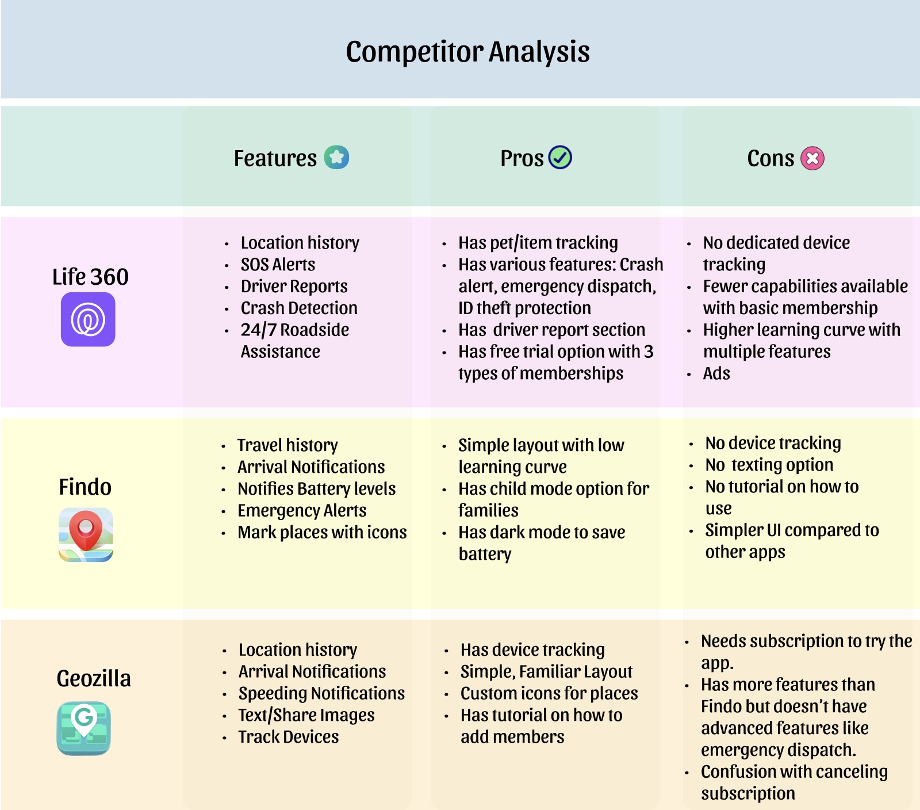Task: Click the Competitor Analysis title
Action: point(467,52)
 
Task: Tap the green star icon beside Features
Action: point(336,157)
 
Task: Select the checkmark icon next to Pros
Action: point(560,157)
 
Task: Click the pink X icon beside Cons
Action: point(812,158)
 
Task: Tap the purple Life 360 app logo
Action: point(88,319)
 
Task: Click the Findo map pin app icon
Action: point(86,534)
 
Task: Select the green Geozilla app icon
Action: point(84,728)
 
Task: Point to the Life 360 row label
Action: point(90,277)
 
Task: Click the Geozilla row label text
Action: point(94,678)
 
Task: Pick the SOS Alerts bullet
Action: point(278,265)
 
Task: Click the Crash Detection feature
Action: point(299,308)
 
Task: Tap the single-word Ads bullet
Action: point(716,374)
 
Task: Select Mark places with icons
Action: point(322,533)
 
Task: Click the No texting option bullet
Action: point(769,465)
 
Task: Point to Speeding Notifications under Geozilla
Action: point(321,693)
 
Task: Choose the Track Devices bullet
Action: point(289,737)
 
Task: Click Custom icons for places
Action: point(549,693)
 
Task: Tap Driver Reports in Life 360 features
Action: point(294,286)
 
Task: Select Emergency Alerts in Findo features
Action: point(302,511)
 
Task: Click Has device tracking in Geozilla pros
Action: point(532,650)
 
